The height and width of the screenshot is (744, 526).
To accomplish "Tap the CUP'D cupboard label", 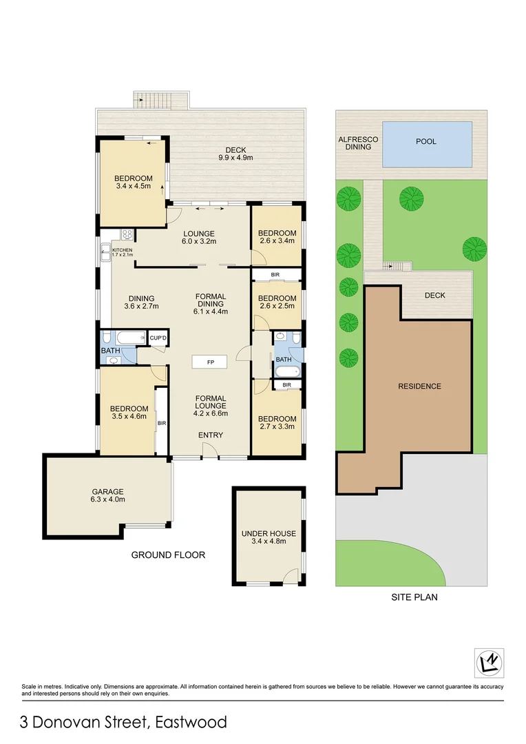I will pos(159,338).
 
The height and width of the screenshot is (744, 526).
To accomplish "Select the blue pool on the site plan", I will pos(427,143).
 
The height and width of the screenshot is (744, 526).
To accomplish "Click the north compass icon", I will pos(490,663).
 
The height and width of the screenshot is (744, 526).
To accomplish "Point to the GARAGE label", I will pos(108,492).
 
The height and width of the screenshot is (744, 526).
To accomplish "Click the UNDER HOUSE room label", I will pos(269,533).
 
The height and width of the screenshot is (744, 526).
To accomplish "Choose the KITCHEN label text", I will pos(123,250).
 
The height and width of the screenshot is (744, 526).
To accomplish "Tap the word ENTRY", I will pos(210,435).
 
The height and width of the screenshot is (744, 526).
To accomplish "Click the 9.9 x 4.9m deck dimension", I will pos(235,158).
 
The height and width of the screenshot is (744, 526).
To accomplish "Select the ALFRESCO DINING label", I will pos(355,143).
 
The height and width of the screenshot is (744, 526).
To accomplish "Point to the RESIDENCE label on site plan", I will pos(419,386).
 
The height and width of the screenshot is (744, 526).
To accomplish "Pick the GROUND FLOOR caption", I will pos(168,555).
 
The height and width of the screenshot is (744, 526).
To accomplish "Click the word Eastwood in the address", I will pos(191,722).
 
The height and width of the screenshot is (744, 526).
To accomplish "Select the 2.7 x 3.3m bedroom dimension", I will pos(277,427).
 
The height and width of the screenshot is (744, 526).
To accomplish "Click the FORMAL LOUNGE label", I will pos(210,402).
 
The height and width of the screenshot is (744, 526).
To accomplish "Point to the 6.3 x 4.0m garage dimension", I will pos(108,500).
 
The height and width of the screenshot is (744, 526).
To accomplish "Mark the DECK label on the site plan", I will pos(434,295).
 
